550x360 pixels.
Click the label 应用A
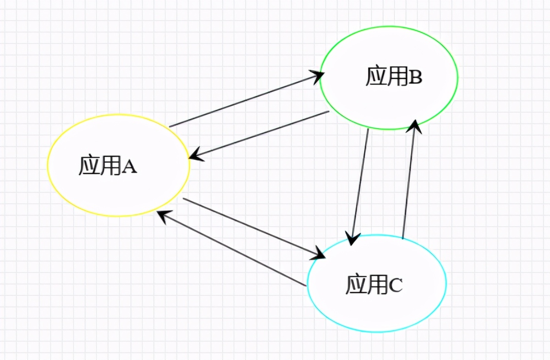point(108,166)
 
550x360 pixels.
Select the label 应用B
point(394,76)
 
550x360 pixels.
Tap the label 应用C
point(374,284)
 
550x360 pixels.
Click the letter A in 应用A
point(130,167)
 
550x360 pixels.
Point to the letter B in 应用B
point(415,77)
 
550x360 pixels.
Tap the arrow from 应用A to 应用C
point(252,227)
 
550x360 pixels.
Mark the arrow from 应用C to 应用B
point(409,181)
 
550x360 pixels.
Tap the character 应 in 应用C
point(356,284)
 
